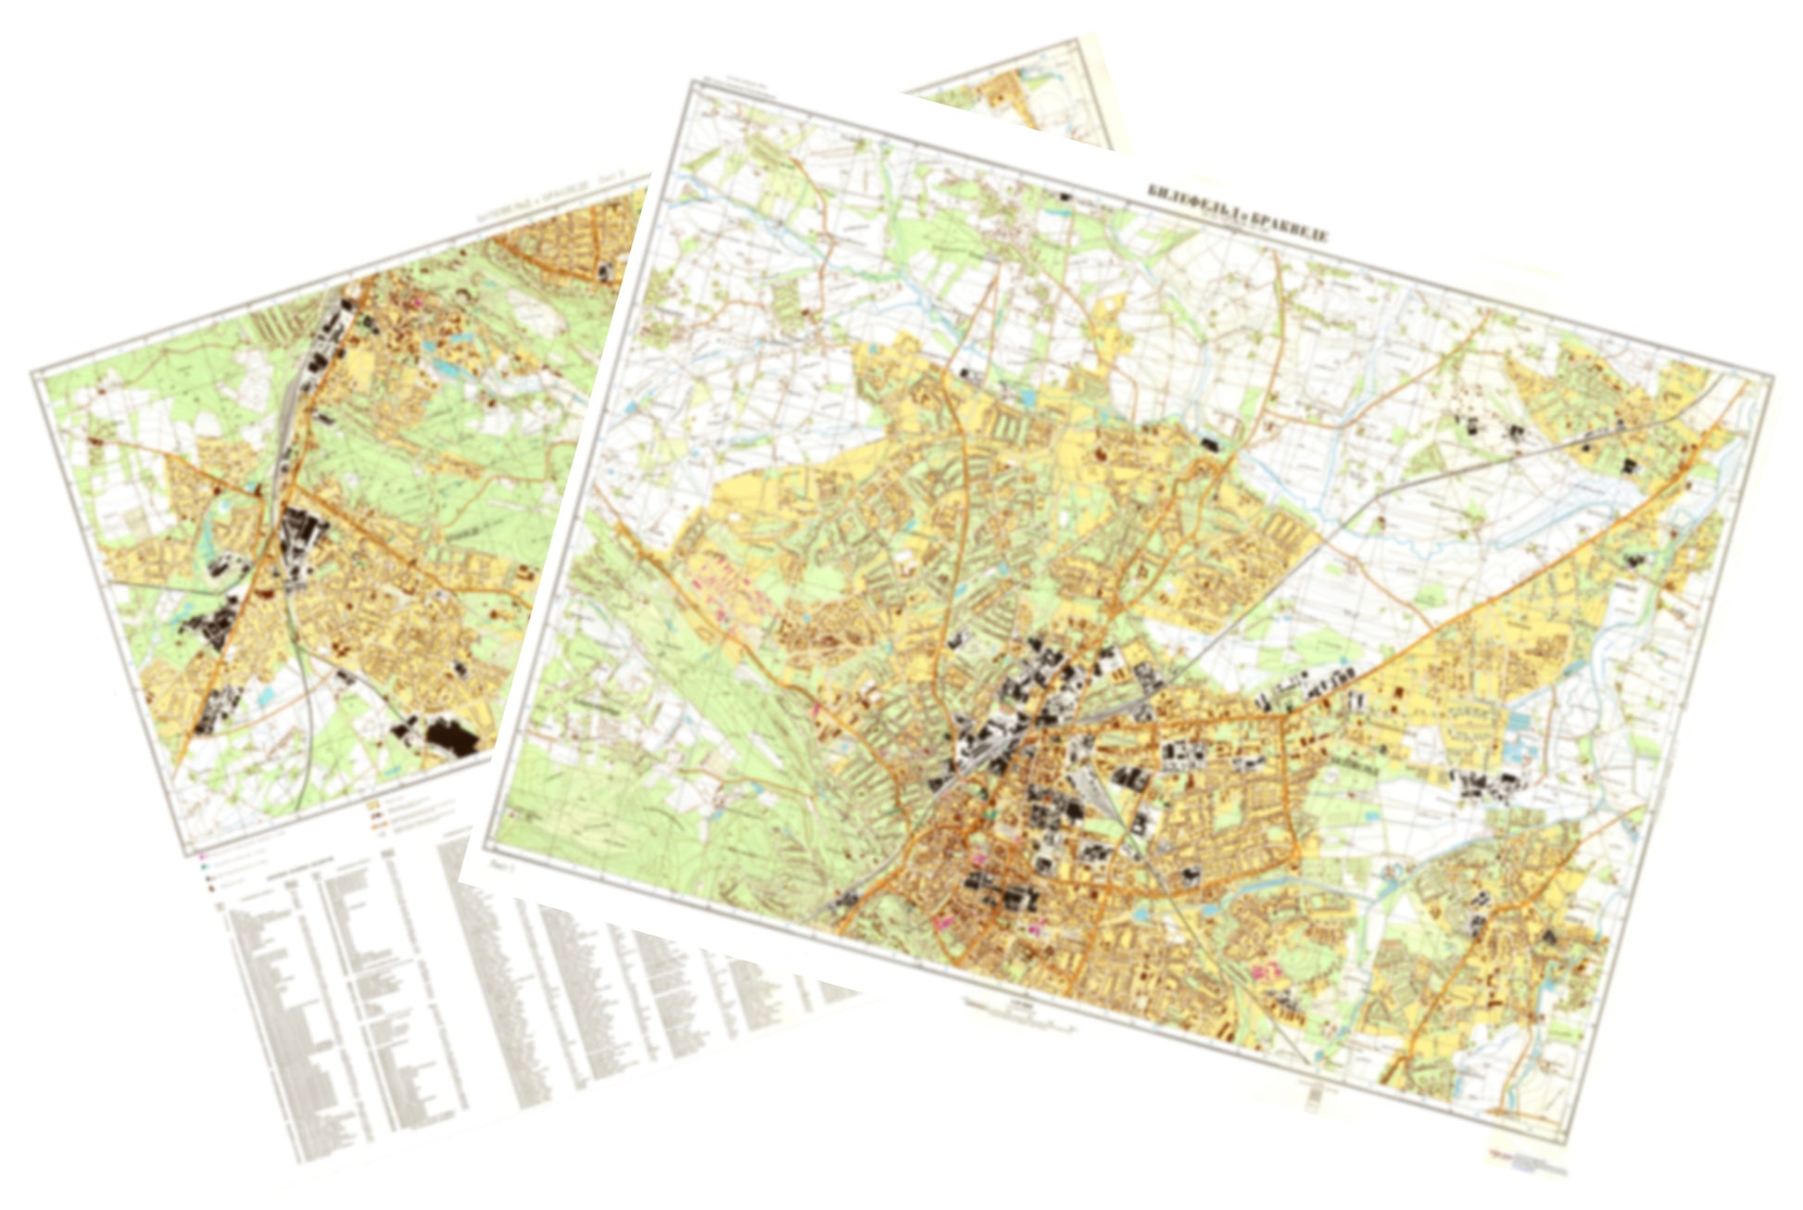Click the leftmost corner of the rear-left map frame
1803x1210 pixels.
[x=32, y=373]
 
